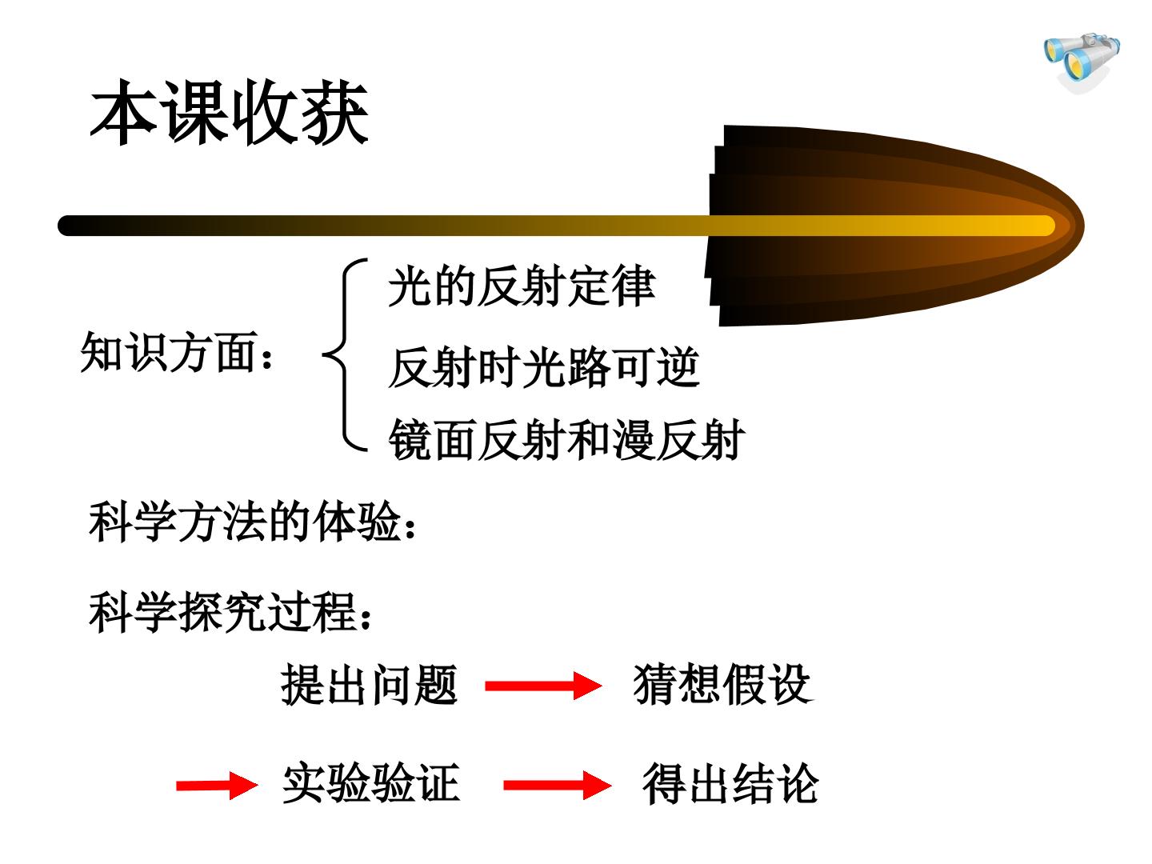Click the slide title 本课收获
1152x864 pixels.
tap(230, 112)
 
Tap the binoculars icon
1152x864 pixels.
tap(1081, 62)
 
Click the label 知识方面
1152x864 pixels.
tap(177, 351)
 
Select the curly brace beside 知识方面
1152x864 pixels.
tap(344, 355)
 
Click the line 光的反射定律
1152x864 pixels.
tap(522, 286)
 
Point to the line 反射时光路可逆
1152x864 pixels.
tap(544, 367)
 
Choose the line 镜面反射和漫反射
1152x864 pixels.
tap(566, 440)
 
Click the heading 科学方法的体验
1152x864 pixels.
tap(253, 521)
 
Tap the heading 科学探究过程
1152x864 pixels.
tap(230, 612)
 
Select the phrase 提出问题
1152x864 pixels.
tap(370, 685)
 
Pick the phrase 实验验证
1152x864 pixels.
tap(371, 783)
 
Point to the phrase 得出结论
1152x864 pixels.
tap(730, 783)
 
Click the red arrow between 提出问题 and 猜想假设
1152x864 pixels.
tap(543, 686)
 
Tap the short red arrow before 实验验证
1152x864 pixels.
tap(217, 786)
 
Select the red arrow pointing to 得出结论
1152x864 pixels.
tap(558, 785)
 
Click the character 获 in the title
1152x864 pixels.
tap(336, 112)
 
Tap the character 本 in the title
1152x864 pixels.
tap(124, 112)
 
